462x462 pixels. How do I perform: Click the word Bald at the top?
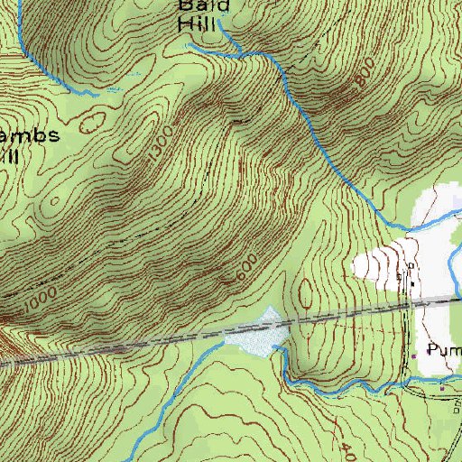click(198, 5)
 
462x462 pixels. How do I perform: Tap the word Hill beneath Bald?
click(198, 24)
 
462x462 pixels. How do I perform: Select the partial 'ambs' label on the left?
click(31, 135)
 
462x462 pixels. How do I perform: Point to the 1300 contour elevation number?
click(152, 155)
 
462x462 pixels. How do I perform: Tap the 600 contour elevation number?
click(245, 271)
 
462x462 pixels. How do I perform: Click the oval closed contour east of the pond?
click(305, 293)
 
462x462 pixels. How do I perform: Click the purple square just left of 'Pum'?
click(415, 355)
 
